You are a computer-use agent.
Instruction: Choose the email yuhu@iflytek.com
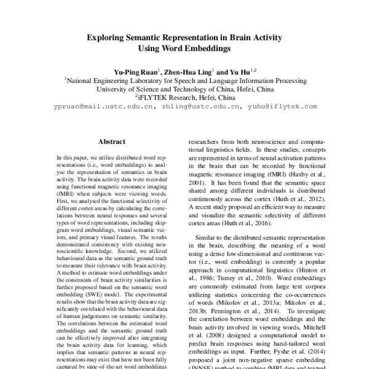(x=283, y=106)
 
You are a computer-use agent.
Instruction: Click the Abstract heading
(x=112, y=141)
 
